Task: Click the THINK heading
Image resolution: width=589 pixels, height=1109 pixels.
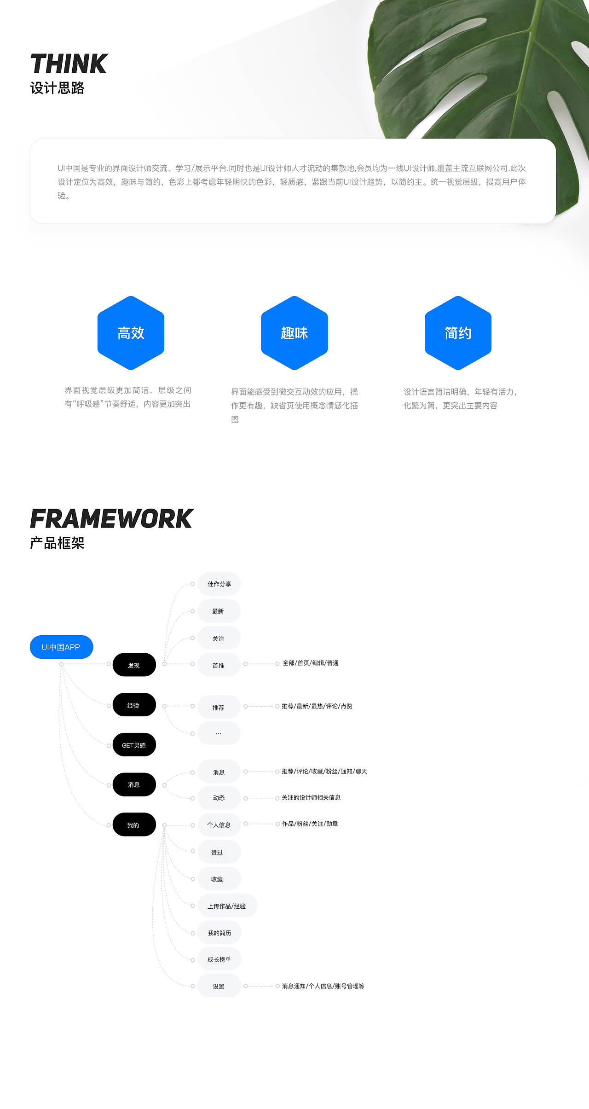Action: coord(69,64)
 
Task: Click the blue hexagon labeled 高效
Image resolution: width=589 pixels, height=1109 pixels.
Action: coord(131,333)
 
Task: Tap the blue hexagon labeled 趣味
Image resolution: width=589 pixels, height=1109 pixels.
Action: coord(294,333)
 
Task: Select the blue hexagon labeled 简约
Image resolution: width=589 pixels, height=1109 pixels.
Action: coord(458,333)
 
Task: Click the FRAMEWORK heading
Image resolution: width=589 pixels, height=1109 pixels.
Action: coord(112,519)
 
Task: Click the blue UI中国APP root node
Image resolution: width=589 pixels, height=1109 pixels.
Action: coord(61,647)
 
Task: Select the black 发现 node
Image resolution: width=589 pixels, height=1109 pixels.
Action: coord(134,665)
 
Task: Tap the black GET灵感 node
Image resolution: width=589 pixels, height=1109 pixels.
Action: coord(134,744)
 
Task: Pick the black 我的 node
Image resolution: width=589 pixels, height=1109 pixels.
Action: coord(134,824)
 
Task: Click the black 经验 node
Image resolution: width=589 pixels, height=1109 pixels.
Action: coord(134,704)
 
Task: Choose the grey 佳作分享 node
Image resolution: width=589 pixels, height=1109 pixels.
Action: coord(219,584)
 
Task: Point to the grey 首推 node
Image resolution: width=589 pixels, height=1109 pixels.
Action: coord(219,665)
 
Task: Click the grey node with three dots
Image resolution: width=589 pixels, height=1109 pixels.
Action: coord(219,733)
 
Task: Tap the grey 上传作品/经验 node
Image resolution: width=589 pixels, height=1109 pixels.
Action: coord(227,906)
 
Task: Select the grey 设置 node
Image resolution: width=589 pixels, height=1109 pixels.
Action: coord(219,986)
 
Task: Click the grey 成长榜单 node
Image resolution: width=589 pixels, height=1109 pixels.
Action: coord(219,959)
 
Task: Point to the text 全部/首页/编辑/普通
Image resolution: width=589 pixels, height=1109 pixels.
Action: coord(311,663)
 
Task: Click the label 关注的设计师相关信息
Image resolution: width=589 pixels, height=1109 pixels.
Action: coord(311,797)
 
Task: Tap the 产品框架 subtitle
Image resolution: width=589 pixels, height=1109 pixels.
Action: coord(58,543)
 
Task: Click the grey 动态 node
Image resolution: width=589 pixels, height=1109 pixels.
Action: coord(219,798)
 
